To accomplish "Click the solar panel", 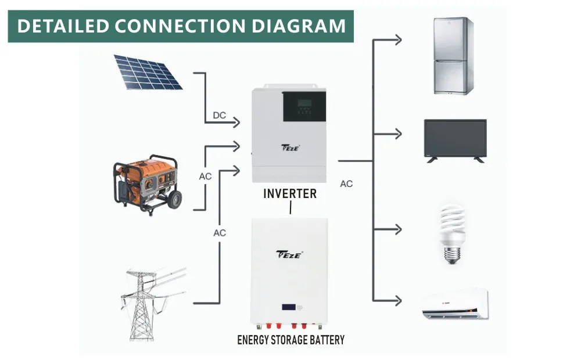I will pyautogui.click(x=148, y=72).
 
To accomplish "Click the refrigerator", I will pyautogui.click(x=453, y=56).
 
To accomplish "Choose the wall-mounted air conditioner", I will pyautogui.click(x=454, y=303).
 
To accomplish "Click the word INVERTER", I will pyautogui.click(x=290, y=193).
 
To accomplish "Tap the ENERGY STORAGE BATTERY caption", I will pyautogui.click(x=290, y=340).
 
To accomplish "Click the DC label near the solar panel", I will pyautogui.click(x=219, y=116).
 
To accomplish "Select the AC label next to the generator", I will pyautogui.click(x=206, y=175).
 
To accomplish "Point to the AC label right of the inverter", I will pyautogui.click(x=346, y=184).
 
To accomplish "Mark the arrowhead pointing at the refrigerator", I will pyautogui.click(x=398, y=39).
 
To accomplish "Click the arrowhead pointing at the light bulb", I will pyautogui.click(x=398, y=229).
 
